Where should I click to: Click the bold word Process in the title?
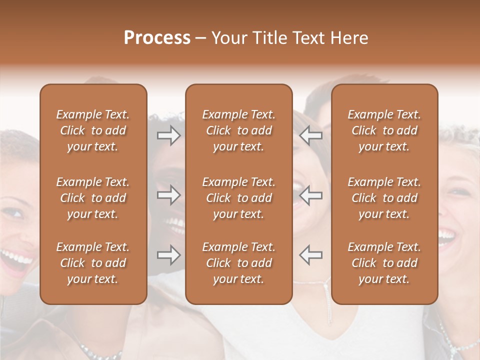point(157,38)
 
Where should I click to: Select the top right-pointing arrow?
point(168,135)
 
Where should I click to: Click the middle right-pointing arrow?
point(168,195)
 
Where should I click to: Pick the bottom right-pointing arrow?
point(168,255)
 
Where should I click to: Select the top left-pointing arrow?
point(311,135)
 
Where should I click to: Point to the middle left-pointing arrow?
point(311,195)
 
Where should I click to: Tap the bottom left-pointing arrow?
point(311,255)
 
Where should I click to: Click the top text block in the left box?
point(93,130)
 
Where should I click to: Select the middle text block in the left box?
point(93,198)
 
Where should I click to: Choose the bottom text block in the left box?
point(93,263)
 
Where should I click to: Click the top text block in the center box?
point(239,130)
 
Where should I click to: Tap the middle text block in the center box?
point(239,198)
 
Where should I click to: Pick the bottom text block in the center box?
point(239,263)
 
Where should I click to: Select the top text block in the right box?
point(384,130)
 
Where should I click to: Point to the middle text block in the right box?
point(384,198)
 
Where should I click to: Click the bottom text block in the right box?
point(384,263)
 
